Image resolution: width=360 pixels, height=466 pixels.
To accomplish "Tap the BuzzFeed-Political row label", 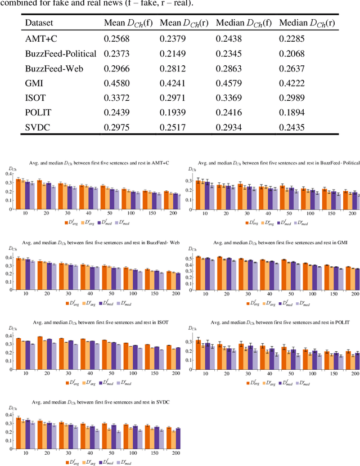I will (61, 55).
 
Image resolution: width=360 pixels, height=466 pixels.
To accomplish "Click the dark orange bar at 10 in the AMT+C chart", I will (18, 186).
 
